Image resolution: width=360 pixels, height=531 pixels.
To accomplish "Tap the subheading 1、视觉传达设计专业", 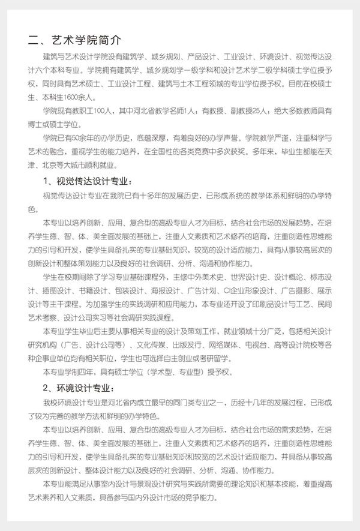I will pyautogui.click(x=86, y=181).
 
